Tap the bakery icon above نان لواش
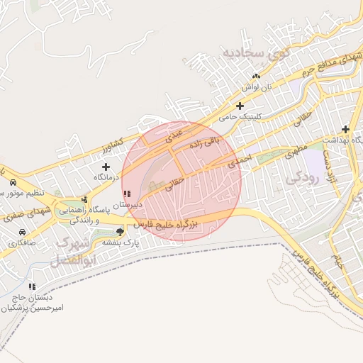(x=256, y=76)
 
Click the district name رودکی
(x=306, y=177)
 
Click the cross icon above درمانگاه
(x=106, y=167)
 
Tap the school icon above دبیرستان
(x=127, y=194)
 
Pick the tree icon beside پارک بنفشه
(x=120, y=231)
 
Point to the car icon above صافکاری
(x=23, y=232)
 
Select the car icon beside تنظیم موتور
(x=12, y=183)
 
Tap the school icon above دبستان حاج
(x=32, y=286)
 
